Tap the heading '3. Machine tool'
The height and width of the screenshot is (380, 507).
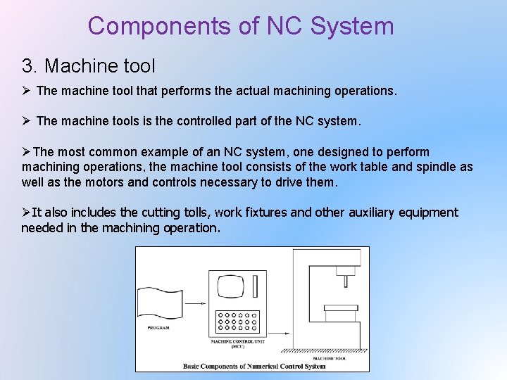click(x=89, y=66)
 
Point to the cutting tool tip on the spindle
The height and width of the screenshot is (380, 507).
click(x=346, y=282)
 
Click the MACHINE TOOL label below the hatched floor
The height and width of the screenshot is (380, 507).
click(x=337, y=357)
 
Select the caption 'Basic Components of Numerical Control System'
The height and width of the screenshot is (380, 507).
click(x=254, y=366)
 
